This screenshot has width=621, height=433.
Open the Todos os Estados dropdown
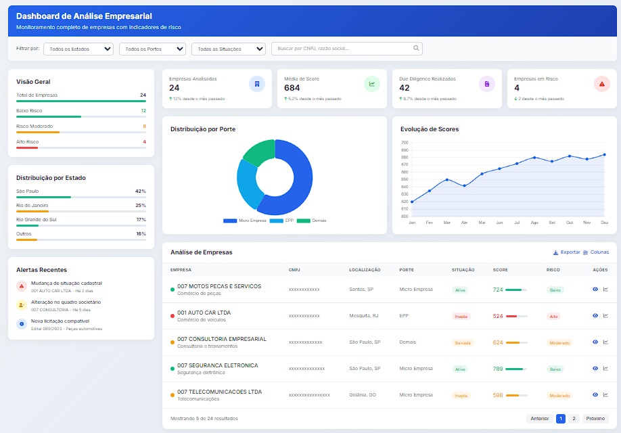click(x=78, y=49)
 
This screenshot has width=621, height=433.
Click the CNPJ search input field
click(x=342, y=49)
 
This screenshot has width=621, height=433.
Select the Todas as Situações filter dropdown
click(x=229, y=49)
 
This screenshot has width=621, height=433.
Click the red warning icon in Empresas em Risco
click(x=601, y=84)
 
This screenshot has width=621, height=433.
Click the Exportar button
click(x=566, y=252)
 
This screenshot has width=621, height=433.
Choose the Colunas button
click(x=596, y=252)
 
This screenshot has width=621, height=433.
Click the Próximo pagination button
click(x=595, y=419)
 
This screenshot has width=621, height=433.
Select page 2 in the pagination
click(x=574, y=419)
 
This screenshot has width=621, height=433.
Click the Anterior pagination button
click(x=540, y=419)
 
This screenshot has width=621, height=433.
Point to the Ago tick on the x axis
click(x=534, y=222)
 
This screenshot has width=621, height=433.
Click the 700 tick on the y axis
click(x=405, y=143)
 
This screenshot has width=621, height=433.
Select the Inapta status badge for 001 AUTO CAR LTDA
click(x=461, y=316)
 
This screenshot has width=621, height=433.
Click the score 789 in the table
click(x=498, y=369)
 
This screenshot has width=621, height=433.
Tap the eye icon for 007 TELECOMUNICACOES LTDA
click(x=595, y=395)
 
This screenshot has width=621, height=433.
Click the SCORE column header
click(x=500, y=270)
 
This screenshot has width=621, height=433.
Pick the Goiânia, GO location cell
click(x=363, y=395)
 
